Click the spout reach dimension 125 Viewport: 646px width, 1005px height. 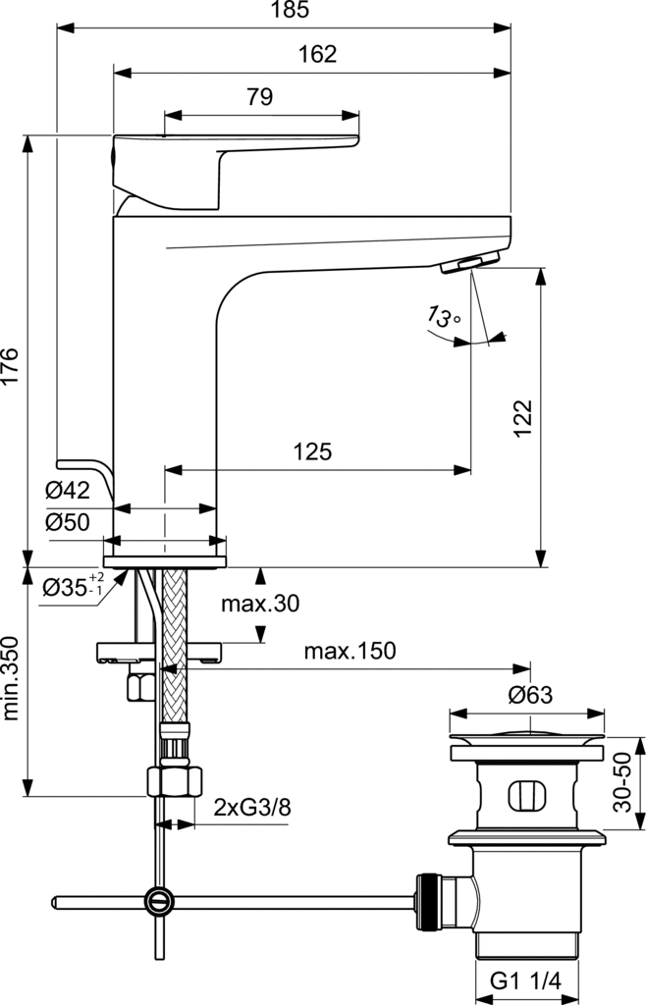[312, 452]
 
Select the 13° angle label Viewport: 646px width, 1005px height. [443, 317]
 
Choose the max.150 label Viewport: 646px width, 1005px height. [350, 652]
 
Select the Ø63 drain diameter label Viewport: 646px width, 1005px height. [530, 696]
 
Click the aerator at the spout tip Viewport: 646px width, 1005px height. [471, 262]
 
